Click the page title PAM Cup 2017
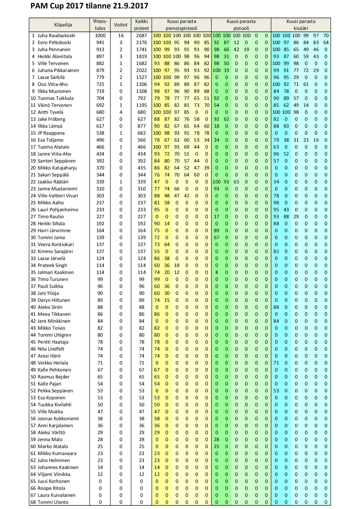point(89,6)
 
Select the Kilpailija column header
point(63,25)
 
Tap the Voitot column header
point(121,25)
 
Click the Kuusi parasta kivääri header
point(301,25)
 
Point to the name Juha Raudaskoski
point(56,35)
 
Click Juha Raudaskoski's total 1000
point(100,35)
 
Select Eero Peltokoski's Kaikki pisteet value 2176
point(141,42)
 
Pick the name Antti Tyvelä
point(51,112)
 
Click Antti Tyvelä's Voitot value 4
point(121,112)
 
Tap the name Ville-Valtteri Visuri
point(58,196)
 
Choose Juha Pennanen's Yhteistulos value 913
point(100,49)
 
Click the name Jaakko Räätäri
point(53,182)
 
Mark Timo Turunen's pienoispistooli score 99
point(157,279)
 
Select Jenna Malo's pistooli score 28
point(217,439)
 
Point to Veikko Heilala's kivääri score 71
point(276,363)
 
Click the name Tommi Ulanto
point(53,502)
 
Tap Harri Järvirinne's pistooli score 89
point(217,230)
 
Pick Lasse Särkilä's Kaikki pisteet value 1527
point(141,77)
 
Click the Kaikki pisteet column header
point(141,25)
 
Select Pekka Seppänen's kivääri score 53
point(276,391)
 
